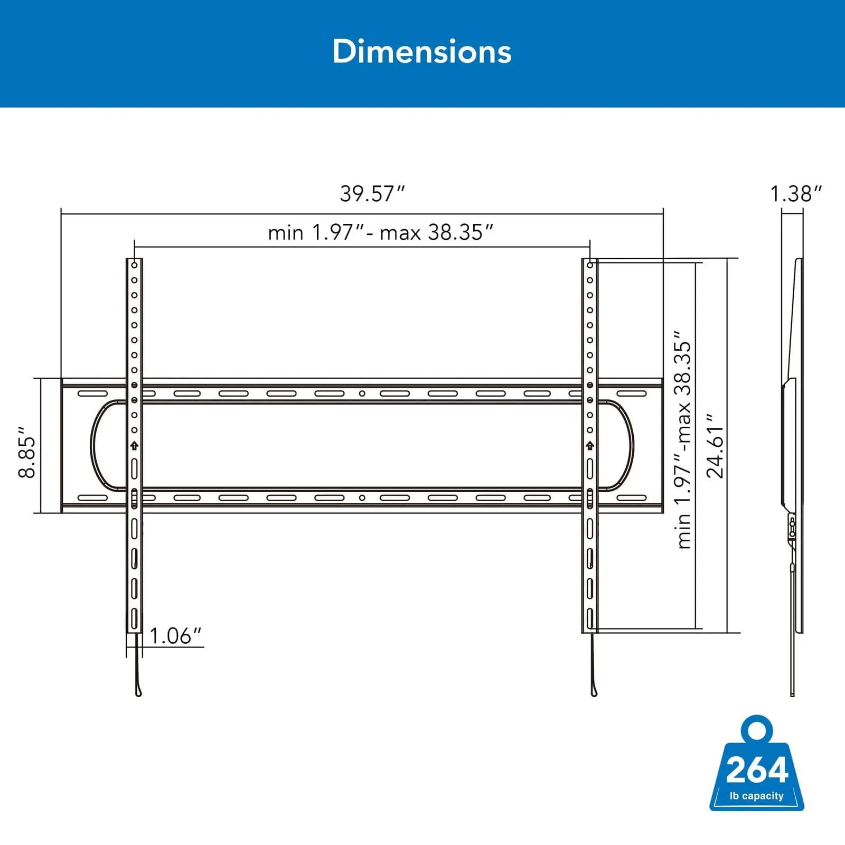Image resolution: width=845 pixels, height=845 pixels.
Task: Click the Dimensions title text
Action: point(422,52)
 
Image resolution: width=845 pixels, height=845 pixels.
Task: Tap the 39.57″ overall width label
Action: point(372,194)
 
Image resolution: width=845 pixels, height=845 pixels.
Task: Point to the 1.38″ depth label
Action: point(796,194)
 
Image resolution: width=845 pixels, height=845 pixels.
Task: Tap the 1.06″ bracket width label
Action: point(175,636)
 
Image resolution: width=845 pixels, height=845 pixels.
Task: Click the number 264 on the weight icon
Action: point(757,771)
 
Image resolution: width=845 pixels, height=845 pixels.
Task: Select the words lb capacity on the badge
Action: point(756,796)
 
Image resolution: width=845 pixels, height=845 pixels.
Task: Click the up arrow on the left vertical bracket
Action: point(134,446)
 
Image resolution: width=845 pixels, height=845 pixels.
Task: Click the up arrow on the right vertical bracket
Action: point(590,446)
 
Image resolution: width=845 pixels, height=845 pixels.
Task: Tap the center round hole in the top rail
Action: point(362,393)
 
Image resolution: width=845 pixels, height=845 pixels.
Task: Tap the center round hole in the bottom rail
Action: point(362,497)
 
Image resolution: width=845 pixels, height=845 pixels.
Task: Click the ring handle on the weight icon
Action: point(757,730)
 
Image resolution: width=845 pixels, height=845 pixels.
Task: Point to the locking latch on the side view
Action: point(792,528)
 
